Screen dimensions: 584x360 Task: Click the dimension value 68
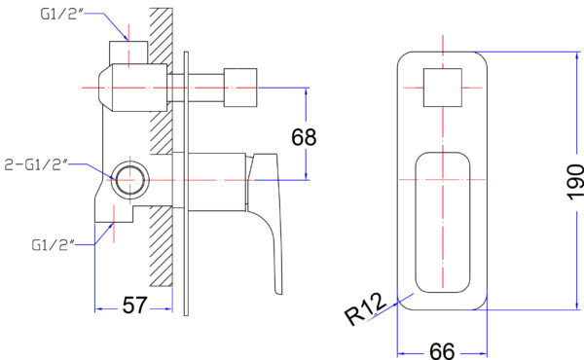pos(304,136)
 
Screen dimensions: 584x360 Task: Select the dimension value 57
pos(135,306)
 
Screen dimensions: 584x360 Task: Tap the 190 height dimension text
pos(576,182)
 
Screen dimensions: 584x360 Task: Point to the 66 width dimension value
pos(442,350)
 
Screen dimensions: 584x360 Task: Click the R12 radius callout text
pos(365,308)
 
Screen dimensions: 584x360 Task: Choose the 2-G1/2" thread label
pos(36,164)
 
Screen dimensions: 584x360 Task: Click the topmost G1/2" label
pos(61,14)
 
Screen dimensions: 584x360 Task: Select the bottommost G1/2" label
pos(53,245)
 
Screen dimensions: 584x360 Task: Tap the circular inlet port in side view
pos(130,180)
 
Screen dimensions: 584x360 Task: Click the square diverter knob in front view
pos(443,88)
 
